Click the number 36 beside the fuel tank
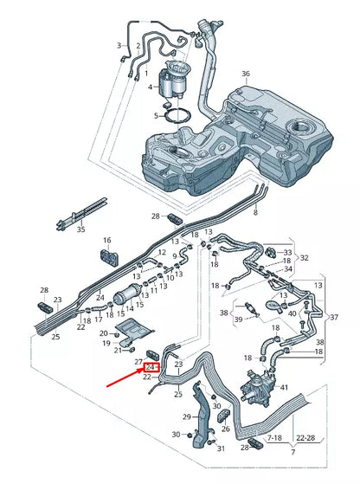[246, 74]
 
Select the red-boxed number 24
[150, 367]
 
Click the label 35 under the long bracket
[80, 230]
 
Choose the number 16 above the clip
[107, 240]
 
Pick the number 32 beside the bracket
[305, 258]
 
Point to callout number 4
[150, 87]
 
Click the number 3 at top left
[119, 45]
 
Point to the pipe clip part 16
[111, 257]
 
